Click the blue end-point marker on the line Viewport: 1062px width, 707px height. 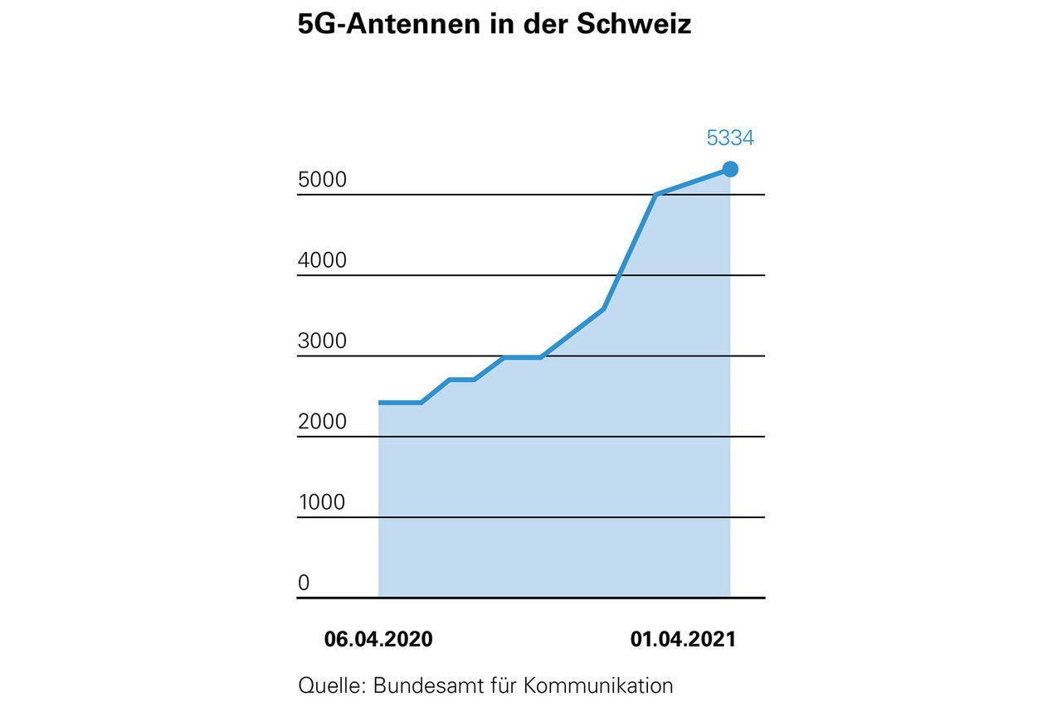(730, 169)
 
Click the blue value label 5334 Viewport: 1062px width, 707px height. (730, 138)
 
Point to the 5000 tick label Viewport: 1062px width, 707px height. (322, 180)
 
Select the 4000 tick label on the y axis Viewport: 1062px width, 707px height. (322, 260)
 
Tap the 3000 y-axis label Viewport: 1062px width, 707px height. (322, 341)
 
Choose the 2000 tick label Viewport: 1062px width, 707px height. (322, 422)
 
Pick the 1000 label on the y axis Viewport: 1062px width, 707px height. (322, 502)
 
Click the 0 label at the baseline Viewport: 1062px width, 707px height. (304, 583)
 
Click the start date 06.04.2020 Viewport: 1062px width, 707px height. (378, 640)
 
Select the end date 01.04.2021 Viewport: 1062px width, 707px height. (683, 640)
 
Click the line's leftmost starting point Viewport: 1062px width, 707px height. (379, 403)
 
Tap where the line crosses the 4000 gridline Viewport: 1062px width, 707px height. (619, 275)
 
